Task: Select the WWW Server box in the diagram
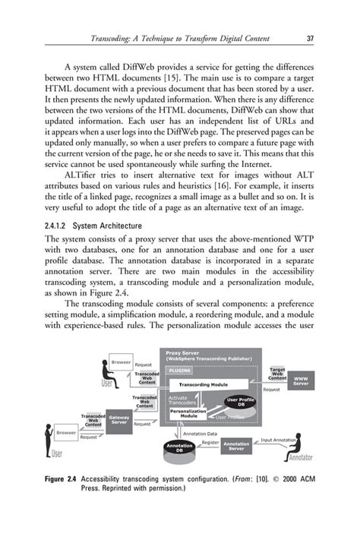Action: (x=302, y=379)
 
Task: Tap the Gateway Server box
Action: (x=118, y=418)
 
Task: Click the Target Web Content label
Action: (x=277, y=373)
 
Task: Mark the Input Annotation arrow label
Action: (x=278, y=440)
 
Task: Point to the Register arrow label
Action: (x=210, y=441)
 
